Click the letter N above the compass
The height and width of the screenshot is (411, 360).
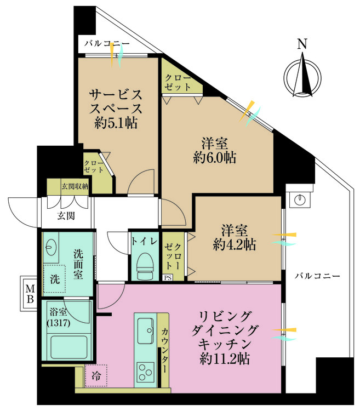[x=302, y=44]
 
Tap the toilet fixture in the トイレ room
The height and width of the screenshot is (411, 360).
[x=145, y=266]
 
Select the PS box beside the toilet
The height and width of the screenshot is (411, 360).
[x=168, y=278]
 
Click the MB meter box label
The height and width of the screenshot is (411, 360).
[x=30, y=294]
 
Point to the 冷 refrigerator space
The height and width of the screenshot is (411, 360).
[x=96, y=375]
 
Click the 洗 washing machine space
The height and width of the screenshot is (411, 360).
[x=54, y=279]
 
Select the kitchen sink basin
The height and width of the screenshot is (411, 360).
[x=145, y=331]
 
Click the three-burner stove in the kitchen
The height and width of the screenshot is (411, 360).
[x=145, y=372]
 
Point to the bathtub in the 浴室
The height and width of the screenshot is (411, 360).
[x=69, y=347]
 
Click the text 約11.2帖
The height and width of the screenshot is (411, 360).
[x=225, y=358]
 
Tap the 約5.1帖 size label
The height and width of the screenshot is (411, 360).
[x=116, y=122]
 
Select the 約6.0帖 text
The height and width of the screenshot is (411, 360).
[x=215, y=157]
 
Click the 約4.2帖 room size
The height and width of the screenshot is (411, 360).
[x=235, y=245]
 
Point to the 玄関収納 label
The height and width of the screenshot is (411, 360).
[x=75, y=186]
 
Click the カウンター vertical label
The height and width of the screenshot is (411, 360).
[x=165, y=351]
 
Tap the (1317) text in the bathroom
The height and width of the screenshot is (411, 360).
[x=58, y=323]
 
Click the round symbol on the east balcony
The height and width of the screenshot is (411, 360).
[x=299, y=200]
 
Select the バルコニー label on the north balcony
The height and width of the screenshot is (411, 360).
[x=107, y=43]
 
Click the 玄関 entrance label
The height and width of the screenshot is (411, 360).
[x=66, y=216]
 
